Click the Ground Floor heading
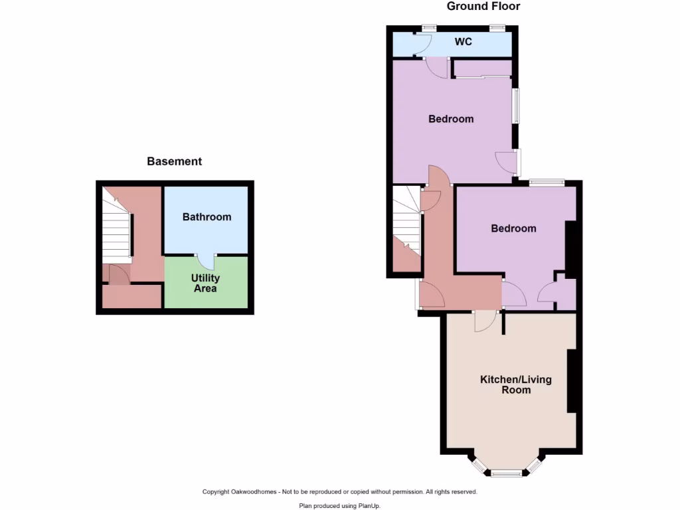pos(483,7)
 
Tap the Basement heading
pos(174,161)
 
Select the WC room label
pos(463,42)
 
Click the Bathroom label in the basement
pos(207,217)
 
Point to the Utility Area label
pos(205,283)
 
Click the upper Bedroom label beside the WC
pos(451,120)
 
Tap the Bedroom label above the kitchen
pos(513,228)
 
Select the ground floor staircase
pos(406,219)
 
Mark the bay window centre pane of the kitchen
pos(507,473)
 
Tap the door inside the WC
pos(420,44)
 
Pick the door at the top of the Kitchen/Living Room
pos(485,321)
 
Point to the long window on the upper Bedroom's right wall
pos(515,106)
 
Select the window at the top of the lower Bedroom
pos(547,182)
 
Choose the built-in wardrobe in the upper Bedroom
pos(483,68)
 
